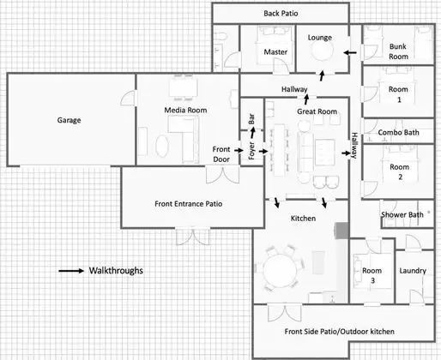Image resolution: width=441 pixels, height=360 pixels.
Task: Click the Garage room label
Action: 69,120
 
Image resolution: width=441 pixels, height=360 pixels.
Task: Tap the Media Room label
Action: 185,110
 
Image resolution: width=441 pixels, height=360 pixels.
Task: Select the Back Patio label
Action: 281,13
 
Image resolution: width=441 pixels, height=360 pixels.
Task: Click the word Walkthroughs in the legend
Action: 116,270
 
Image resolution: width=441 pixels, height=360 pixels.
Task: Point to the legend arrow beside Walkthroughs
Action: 71,271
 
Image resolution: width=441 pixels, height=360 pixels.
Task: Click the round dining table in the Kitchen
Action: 280,270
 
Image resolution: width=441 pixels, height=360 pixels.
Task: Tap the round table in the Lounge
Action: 322,51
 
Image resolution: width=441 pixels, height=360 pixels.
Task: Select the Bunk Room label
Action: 398,51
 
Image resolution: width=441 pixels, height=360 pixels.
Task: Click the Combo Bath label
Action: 398,132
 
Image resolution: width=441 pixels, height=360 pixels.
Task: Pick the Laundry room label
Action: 413,271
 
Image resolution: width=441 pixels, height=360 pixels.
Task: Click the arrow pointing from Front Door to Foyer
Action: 239,150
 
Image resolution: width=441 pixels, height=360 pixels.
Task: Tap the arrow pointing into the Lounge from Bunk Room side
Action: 350,52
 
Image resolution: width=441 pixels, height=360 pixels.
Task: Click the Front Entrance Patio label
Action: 188,204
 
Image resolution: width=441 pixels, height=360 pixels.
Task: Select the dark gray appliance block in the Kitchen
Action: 341,231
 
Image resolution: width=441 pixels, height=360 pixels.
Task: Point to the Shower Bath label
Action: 402,214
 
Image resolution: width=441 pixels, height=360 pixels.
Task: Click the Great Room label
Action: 317,111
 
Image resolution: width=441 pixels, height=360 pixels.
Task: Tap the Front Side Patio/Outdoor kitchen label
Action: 340,332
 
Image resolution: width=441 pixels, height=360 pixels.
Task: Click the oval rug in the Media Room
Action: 162,146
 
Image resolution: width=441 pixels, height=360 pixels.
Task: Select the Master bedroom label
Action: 275,52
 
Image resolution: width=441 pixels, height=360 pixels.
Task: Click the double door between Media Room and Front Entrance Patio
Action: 222,175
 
